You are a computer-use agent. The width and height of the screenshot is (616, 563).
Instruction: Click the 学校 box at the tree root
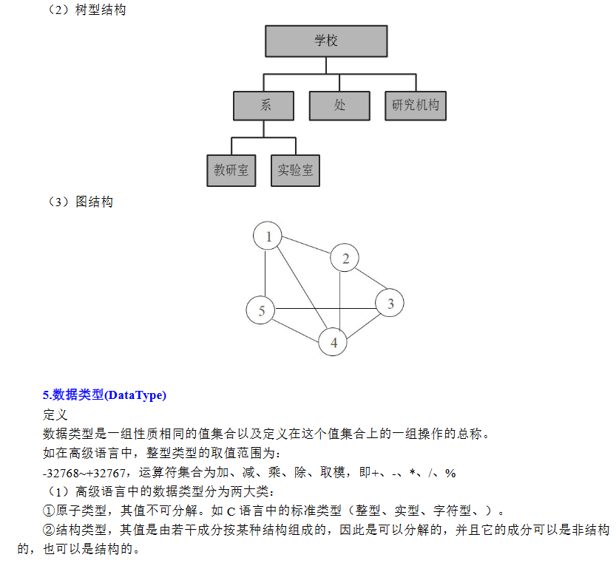(x=326, y=41)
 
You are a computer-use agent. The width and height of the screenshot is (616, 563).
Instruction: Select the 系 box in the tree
(x=263, y=106)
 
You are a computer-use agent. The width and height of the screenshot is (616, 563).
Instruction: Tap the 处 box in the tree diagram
(x=339, y=106)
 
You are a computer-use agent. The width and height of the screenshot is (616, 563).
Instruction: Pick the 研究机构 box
(x=416, y=106)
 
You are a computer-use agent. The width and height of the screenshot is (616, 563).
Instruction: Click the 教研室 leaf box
(x=231, y=171)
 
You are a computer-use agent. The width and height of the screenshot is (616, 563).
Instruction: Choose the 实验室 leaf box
(x=296, y=171)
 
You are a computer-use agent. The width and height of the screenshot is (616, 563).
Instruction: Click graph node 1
(x=268, y=236)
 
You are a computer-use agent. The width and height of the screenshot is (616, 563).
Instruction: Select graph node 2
(x=345, y=258)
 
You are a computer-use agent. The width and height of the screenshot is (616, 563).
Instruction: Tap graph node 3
(x=389, y=303)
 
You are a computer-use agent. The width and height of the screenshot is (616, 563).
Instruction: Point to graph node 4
(x=333, y=341)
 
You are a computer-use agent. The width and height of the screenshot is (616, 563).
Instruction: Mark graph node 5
(x=260, y=310)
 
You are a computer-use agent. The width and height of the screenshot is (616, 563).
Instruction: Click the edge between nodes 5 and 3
(x=325, y=309)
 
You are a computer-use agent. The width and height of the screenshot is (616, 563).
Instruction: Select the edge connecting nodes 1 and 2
(x=306, y=245)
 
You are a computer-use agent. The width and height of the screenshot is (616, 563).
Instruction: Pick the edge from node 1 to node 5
(x=265, y=273)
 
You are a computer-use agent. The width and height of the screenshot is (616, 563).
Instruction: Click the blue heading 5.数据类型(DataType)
(x=104, y=395)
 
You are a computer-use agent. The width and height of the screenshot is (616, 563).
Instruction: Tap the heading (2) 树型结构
(x=86, y=10)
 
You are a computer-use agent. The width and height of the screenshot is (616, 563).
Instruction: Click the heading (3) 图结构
(x=80, y=202)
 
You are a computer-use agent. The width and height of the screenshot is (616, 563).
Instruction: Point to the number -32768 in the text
(x=61, y=473)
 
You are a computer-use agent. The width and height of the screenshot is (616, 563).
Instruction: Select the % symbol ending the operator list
(x=450, y=473)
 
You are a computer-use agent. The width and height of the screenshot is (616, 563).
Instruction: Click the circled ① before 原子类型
(x=49, y=511)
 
